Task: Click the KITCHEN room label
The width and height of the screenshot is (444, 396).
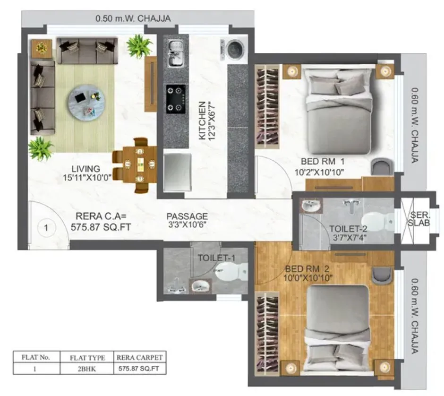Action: click(x=202, y=121)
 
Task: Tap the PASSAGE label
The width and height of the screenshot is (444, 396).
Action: click(x=187, y=216)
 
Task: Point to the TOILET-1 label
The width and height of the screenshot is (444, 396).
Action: click(x=216, y=258)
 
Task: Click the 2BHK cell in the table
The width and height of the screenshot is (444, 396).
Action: click(x=87, y=369)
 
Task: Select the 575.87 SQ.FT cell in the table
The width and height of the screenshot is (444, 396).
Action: click(x=141, y=369)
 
